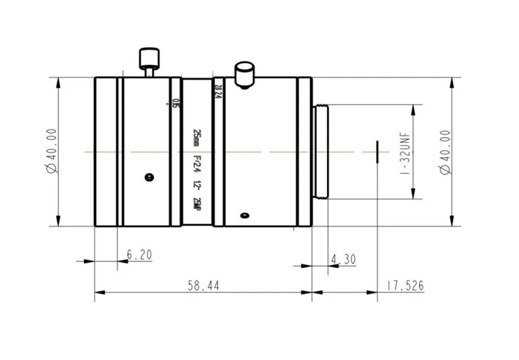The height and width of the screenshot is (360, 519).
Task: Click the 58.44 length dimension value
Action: [x=204, y=285]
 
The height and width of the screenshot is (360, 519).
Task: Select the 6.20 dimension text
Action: [x=139, y=255]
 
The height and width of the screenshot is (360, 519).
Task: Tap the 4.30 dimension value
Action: [x=343, y=259]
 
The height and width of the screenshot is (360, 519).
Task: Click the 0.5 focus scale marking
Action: [x=176, y=103]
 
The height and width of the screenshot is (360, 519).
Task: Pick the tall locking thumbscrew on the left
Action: [x=148, y=60]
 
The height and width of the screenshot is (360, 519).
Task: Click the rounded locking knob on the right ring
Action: [x=244, y=74]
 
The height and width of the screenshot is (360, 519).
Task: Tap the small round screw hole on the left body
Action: [x=149, y=177]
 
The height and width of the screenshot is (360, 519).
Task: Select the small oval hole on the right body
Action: [x=244, y=215]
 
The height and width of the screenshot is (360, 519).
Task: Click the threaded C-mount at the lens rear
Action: [x=320, y=152]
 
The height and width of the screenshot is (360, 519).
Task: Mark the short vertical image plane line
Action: [x=377, y=152]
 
